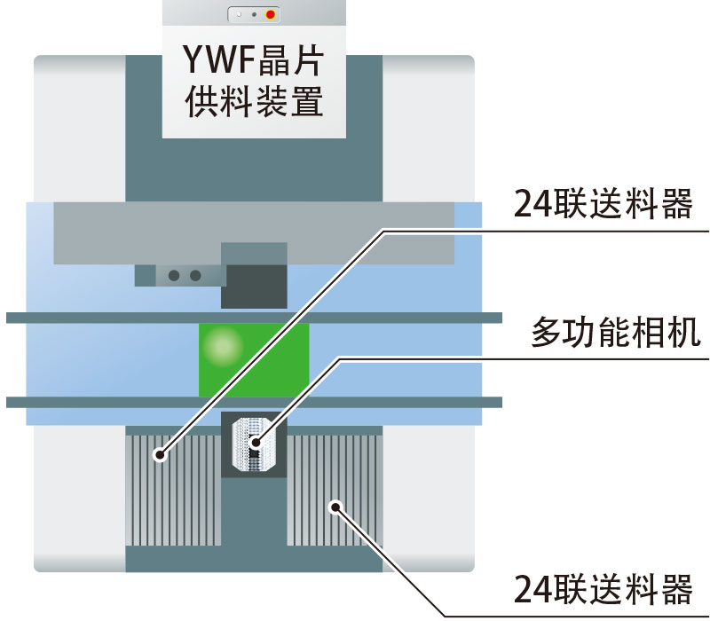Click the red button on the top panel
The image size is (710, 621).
[271, 15]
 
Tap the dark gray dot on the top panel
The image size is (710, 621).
[254, 15]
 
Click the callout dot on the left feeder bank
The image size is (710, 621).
[161, 456]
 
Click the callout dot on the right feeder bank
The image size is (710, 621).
[336, 507]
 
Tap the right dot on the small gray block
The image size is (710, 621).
[194, 275]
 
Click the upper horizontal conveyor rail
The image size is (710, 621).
[254, 318]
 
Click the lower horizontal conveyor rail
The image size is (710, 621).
[254, 402]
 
